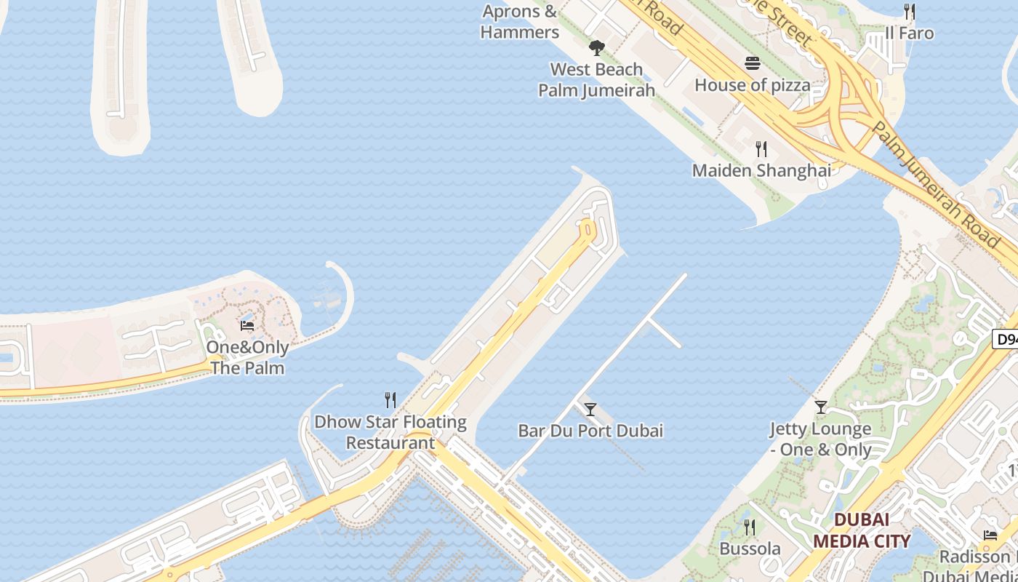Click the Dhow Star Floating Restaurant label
[390, 432]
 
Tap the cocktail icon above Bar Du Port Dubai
[590, 410]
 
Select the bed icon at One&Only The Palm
[247, 325]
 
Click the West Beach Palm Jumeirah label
[596, 79]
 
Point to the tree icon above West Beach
[596, 49]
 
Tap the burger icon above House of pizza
[752, 63]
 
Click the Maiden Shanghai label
[761, 170]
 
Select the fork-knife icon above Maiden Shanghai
[761, 149]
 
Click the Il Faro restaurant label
[909, 33]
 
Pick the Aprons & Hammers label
[519, 22]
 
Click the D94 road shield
[1005, 339]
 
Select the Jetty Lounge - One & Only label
[820, 439]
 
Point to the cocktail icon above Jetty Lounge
[821, 407]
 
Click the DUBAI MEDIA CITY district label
[861, 530]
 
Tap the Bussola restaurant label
[750, 549]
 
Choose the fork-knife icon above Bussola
[750, 527]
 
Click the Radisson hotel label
[974, 557]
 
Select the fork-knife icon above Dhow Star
[390, 399]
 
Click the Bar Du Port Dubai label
[590, 431]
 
